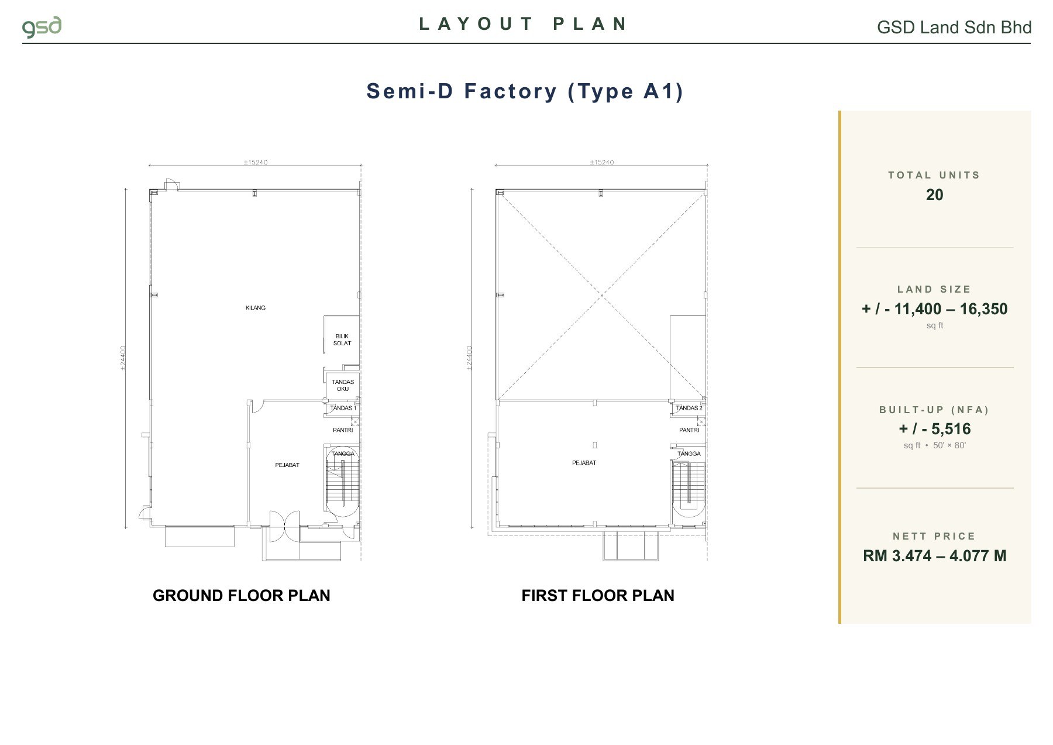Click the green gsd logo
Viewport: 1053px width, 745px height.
tap(42, 28)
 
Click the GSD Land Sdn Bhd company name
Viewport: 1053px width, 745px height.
tap(954, 28)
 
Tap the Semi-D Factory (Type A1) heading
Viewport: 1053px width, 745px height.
tap(525, 91)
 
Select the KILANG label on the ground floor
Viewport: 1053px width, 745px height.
tap(256, 308)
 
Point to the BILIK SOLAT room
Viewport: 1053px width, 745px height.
tap(342, 340)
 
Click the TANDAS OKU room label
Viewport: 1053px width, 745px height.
tap(343, 386)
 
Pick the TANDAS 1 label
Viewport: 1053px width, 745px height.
tap(343, 408)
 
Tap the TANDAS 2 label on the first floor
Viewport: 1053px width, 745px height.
tap(689, 408)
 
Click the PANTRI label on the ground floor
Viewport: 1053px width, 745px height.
tap(343, 430)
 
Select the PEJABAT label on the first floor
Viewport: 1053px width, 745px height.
tap(584, 463)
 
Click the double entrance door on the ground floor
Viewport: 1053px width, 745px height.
tap(284, 527)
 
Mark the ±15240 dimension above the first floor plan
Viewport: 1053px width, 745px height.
tap(602, 162)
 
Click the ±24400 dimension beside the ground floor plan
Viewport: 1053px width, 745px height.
tap(123, 358)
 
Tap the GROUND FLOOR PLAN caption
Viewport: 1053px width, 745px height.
tap(242, 596)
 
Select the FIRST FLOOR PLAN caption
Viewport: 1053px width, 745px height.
tap(598, 596)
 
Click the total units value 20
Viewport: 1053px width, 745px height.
tap(935, 195)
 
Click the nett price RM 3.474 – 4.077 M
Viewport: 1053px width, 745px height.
tap(935, 556)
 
